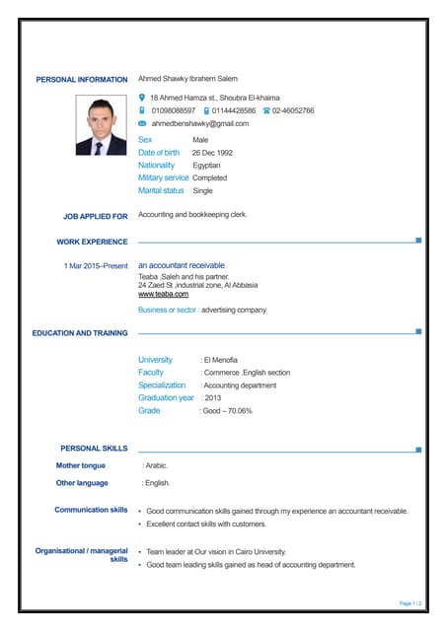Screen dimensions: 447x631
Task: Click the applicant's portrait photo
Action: click(102, 126)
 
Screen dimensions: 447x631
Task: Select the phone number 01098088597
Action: click(174, 111)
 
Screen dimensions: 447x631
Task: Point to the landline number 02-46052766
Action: click(293, 111)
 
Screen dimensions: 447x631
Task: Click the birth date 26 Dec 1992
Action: click(212, 153)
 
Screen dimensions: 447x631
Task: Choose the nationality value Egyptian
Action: click(206, 166)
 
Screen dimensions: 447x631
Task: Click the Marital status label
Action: click(161, 190)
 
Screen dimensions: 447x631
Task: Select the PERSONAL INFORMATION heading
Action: click(82, 80)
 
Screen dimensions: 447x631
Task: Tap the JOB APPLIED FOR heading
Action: click(95, 216)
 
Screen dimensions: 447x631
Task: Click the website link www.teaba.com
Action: click(163, 294)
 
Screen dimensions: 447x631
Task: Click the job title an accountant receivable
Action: click(181, 265)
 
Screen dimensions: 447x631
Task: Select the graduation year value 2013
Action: click(211, 398)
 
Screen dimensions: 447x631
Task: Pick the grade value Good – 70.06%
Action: click(227, 411)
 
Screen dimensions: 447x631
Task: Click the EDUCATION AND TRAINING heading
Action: click(80, 333)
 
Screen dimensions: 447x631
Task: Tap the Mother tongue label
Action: click(80, 465)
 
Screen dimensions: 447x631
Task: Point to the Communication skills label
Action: click(91, 510)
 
